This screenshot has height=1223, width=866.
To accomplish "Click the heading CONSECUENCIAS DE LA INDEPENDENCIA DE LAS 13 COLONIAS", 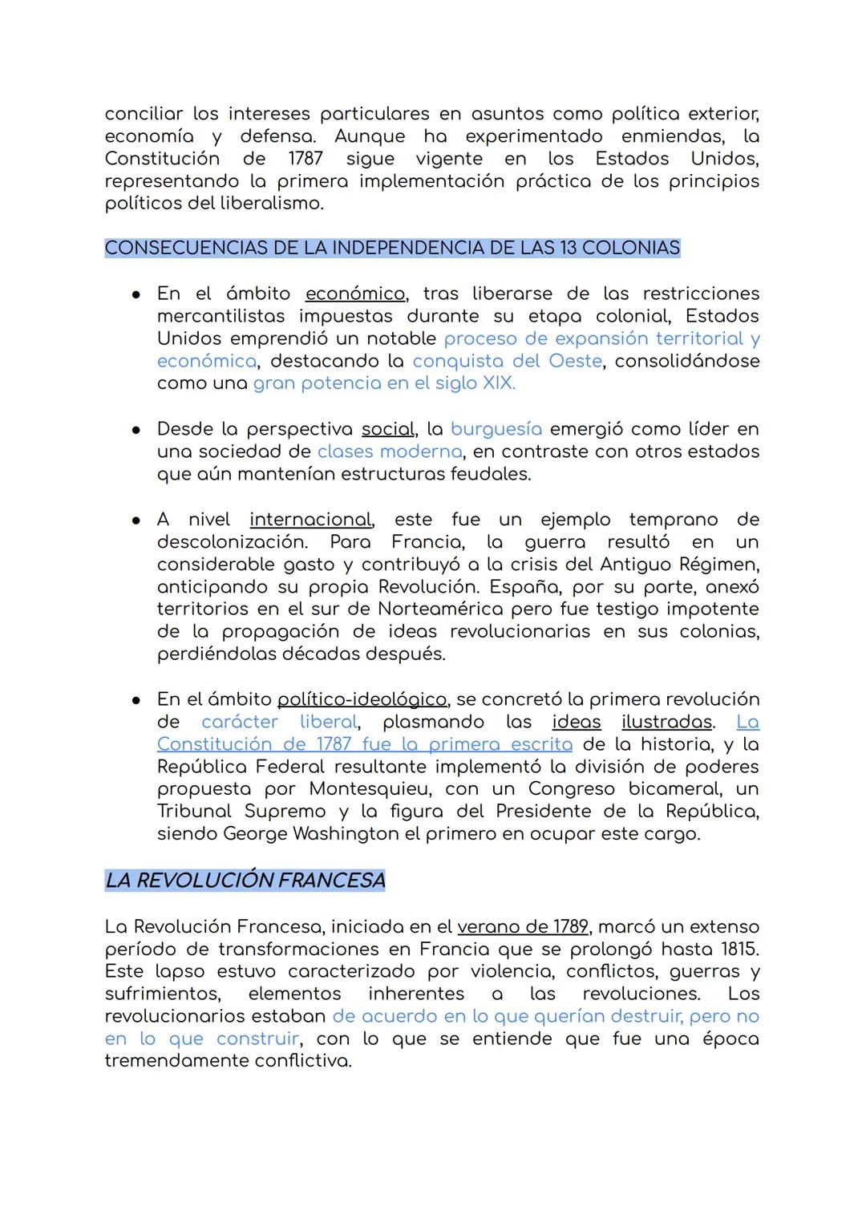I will tap(392, 248).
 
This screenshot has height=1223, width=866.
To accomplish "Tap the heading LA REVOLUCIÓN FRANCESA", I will tap(245, 881).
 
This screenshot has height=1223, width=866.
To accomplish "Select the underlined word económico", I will tap(355, 294).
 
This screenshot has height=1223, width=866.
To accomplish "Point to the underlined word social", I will tap(387, 429).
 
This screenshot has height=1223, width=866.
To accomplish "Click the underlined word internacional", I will tap(310, 520).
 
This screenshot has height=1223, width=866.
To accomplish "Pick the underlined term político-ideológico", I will tap(362, 699).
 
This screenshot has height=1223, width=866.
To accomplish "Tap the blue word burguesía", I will tap(496, 429).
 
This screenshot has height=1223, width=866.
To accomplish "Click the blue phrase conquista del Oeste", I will tap(507, 361).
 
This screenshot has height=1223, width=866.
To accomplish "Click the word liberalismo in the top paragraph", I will tap(271, 203).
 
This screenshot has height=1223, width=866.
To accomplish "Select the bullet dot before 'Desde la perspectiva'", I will tap(136, 430).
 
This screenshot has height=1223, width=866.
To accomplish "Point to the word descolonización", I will tap(231, 542).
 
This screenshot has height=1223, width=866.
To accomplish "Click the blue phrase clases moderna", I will tap(389, 452).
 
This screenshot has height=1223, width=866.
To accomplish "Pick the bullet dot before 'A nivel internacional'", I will tap(136, 520).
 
